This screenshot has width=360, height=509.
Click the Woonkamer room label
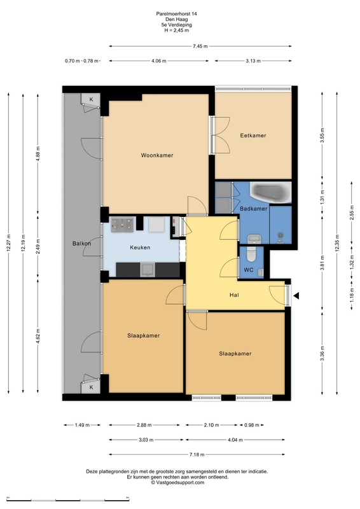[x=157, y=155]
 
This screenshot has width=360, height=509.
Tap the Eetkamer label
[x=253, y=136]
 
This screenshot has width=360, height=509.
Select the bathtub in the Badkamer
[x=270, y=192]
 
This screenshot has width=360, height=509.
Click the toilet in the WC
[x=251, y=254]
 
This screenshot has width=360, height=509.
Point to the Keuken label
[x=140, y=248]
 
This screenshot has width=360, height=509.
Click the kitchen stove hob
[x=122, y=225]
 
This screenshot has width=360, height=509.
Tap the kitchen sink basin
[x=148, y=269]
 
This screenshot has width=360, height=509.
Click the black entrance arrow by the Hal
[x=296, y=295]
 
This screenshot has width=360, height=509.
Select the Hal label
[x=234, y=295]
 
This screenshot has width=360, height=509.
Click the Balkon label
[x=81, y=244]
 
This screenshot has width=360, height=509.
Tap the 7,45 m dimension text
[x=200, y=46]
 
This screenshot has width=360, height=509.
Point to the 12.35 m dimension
[x=336, y=242]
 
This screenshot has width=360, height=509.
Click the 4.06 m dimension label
[x=159, y=60]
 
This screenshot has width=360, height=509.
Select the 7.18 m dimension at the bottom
[x=197, y=454]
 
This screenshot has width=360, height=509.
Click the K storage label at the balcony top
[x=91, y=99]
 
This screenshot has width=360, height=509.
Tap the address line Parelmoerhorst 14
[x=176, y=14]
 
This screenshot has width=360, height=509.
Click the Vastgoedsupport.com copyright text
[x=177, y=482]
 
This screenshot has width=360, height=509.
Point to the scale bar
[x=68, y=499]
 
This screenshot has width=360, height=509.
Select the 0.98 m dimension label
[x=252, y=424]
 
